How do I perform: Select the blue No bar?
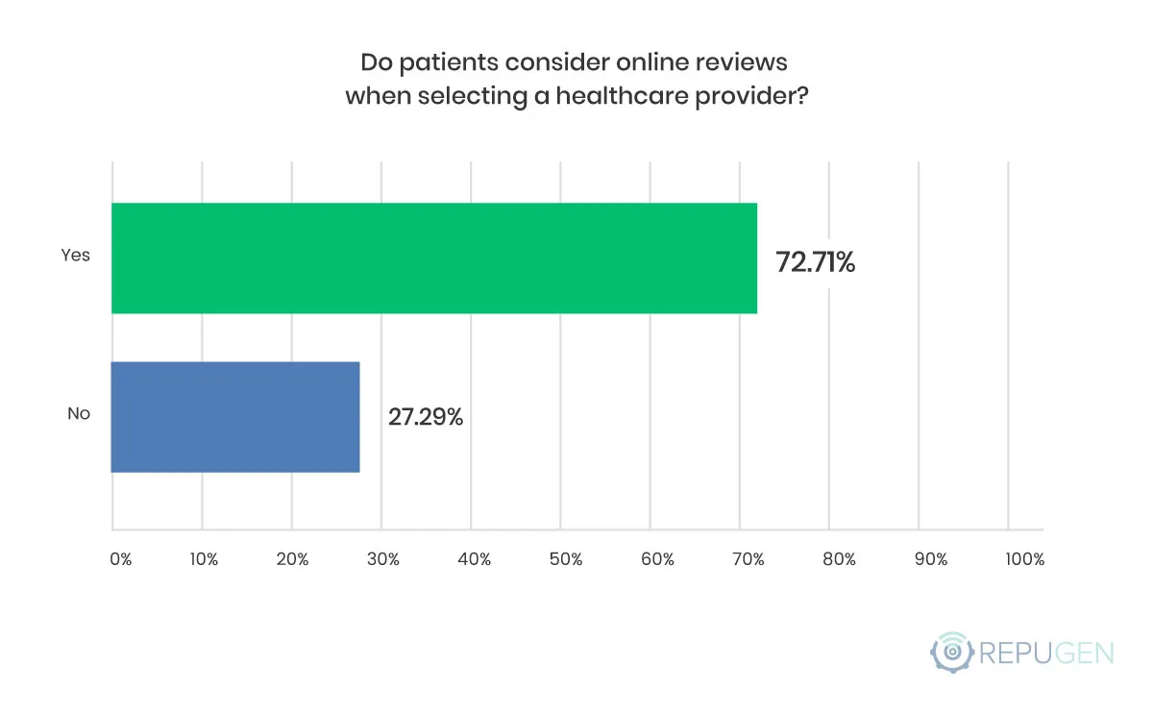[235, 417]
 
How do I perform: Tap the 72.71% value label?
[815, 261]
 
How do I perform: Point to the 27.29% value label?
[426, 418]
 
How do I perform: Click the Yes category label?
[75, 256]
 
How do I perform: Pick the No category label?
[78, 415]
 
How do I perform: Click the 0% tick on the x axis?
[120, 559]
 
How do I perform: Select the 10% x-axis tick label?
[204, 559]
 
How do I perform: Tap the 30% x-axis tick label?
[382, 559]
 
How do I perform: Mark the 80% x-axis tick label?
[838, 559]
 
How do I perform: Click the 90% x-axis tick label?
[930, 559]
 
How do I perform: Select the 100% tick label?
[1024, 559]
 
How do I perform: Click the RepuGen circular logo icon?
[952, 652]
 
